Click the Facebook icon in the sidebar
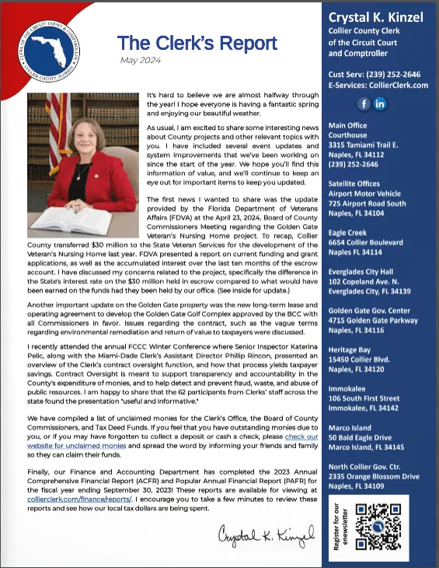364,103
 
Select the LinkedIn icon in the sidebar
381,103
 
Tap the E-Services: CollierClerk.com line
378,86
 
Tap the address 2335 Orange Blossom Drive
374,476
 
